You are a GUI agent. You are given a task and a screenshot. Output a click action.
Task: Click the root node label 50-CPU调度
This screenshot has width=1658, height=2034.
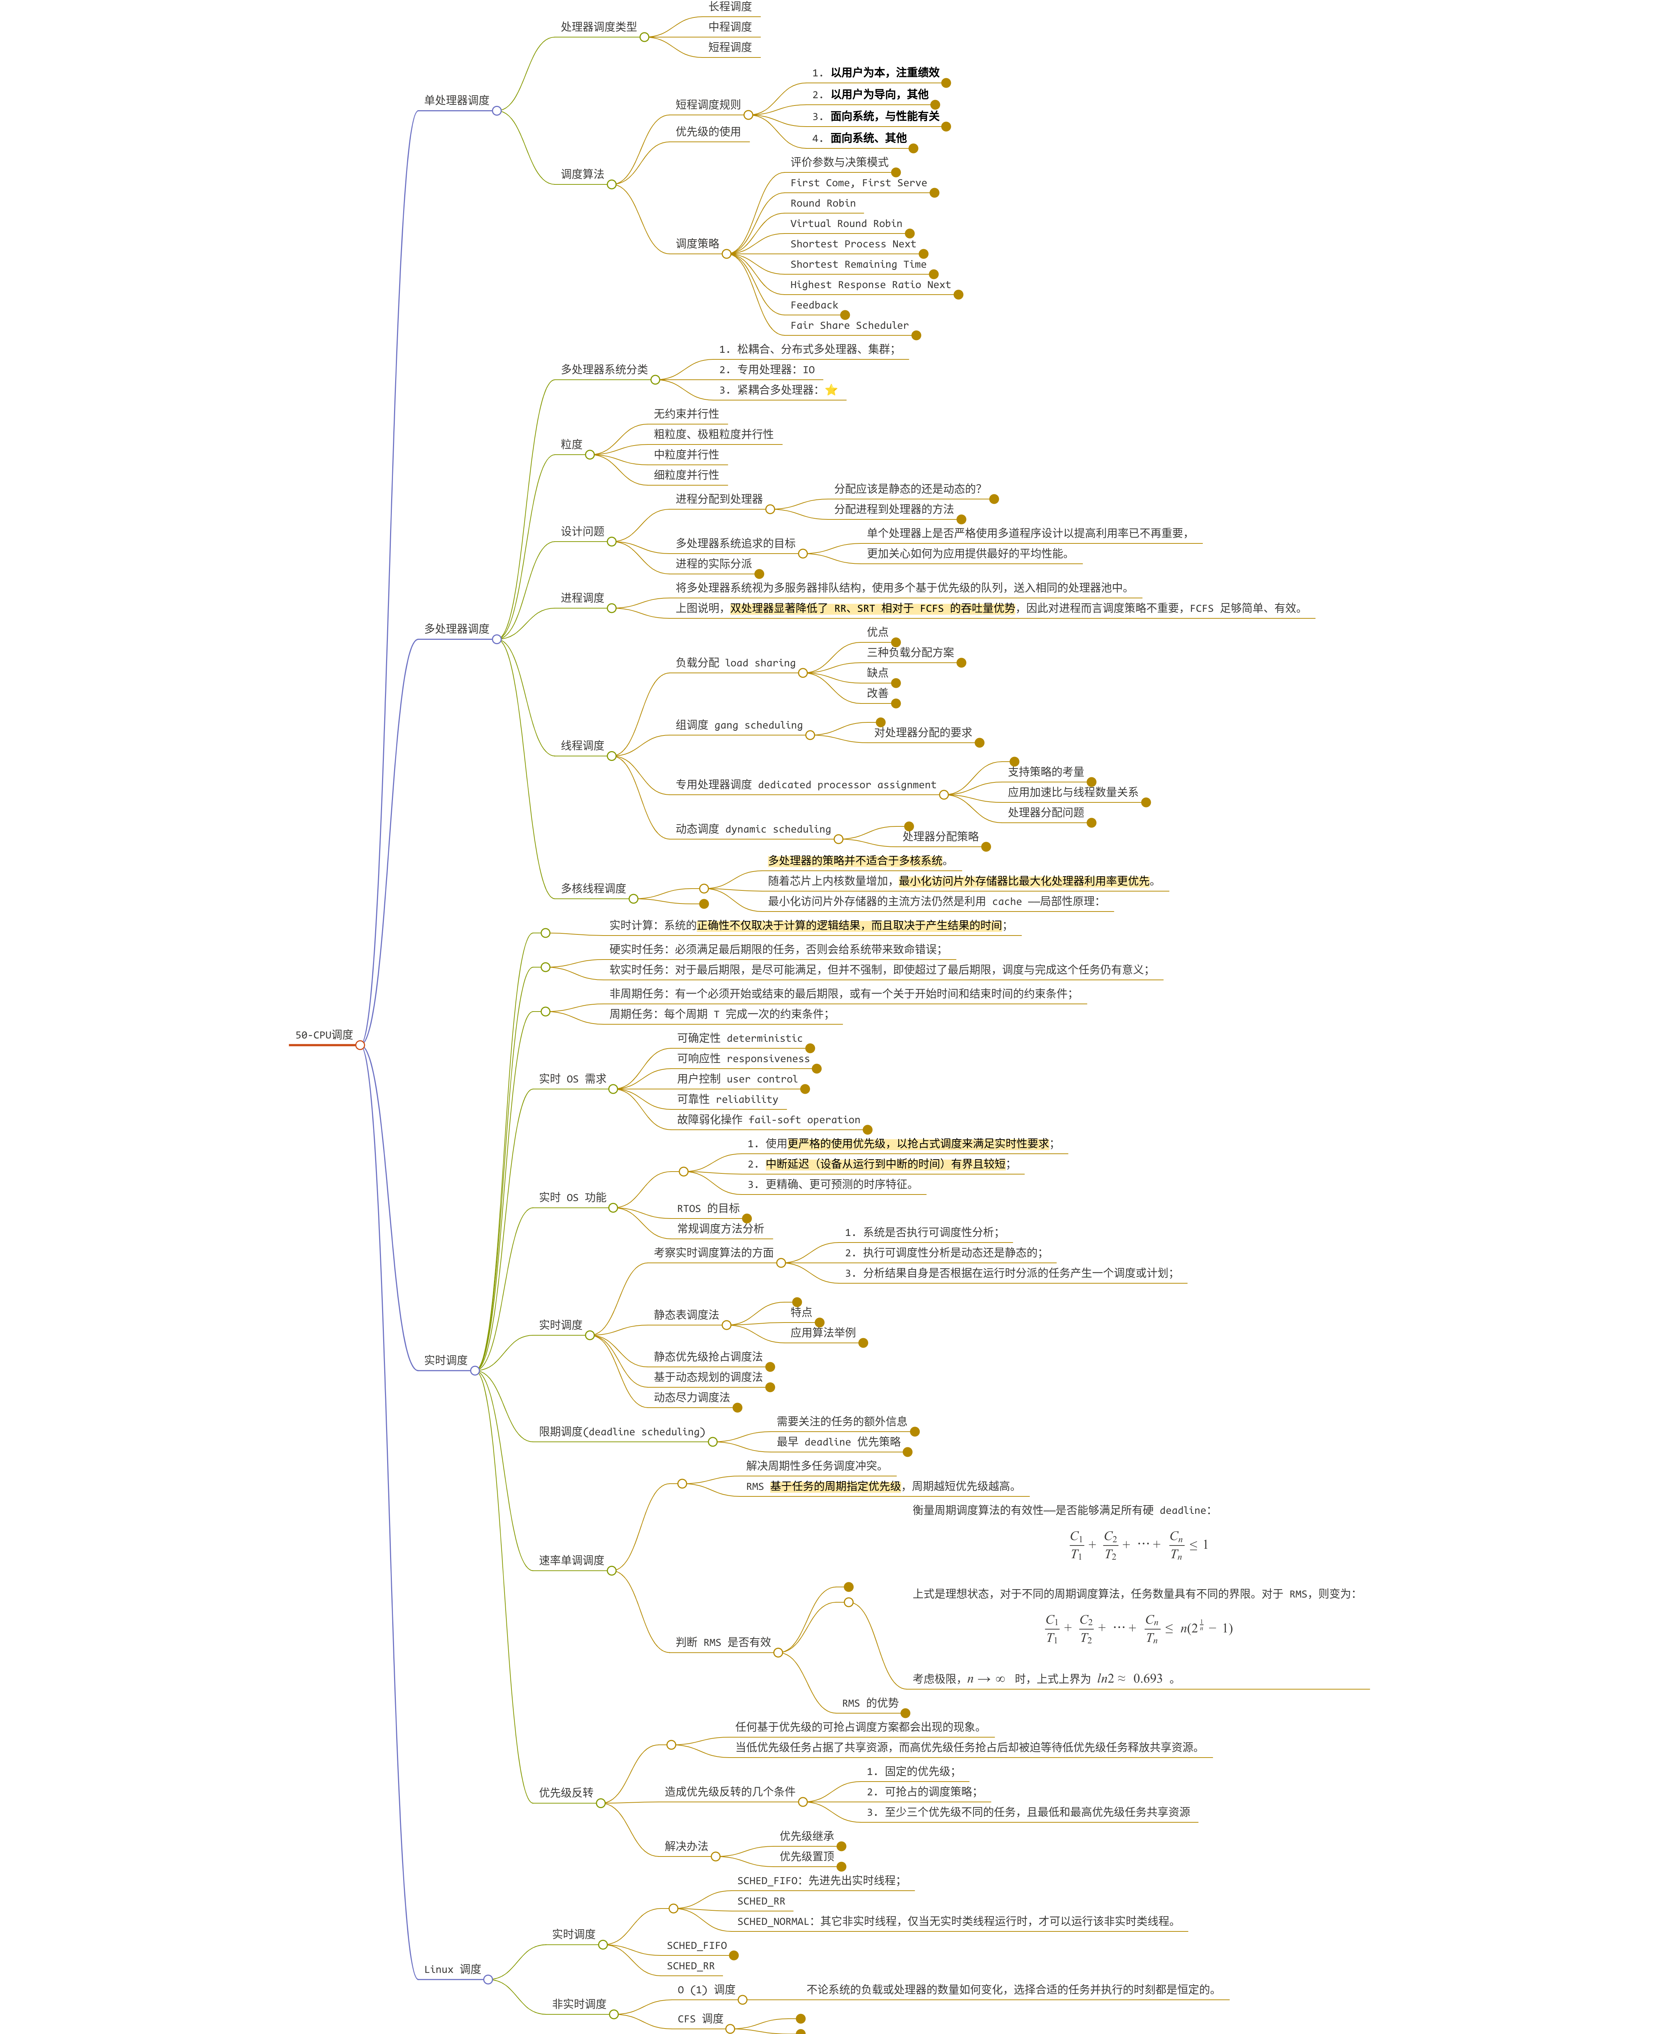point(324,1035)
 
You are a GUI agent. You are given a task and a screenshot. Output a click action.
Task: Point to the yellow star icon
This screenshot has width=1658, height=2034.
point(831,390)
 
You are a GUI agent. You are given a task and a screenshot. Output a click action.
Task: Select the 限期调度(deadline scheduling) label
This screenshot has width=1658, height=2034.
point(622,1431)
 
